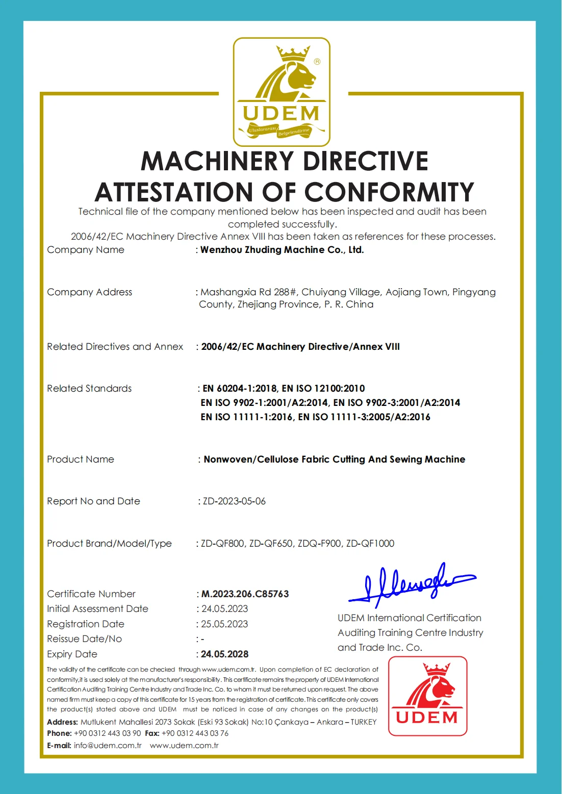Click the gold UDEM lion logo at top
[282, 92]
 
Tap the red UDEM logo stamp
[428, 696]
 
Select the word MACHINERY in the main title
[219, 161]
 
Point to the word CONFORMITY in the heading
[389, 192]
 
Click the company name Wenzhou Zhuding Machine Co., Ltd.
[282, 250]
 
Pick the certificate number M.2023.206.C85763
[245, 594]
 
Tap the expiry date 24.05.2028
[225, 654]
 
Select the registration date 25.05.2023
[224, 624]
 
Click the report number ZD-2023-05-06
[234, 501]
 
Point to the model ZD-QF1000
[370, 544]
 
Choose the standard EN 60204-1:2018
[240, 389]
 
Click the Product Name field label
[81, 459]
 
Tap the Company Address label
[89, 292]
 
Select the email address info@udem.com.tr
[108, 746]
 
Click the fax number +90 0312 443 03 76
[195, 733]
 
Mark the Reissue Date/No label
[84, 639]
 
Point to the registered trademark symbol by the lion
[317, 62]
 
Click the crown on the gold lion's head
[293, 53]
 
